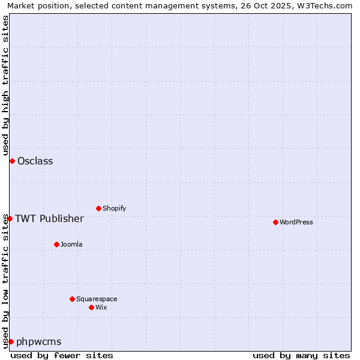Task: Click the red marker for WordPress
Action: click(275, 222)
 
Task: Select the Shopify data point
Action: click(98, 208)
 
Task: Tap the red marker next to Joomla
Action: click(56, 244)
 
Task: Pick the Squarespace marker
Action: click(72, 299)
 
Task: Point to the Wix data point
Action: click(91, 307)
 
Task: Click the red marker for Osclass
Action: click(12, 161)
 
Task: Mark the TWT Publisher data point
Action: click(10, 218)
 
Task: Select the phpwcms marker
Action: click(11, 341)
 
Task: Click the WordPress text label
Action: click(296, 222)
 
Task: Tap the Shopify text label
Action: click(114, 208)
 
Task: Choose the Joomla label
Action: click(71, 244)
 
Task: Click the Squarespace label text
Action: click(97, 299)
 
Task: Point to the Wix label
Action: click(101, 307)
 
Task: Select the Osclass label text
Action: click(35, 161)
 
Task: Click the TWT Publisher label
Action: click(49, 218)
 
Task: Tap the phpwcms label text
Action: click(39, 341)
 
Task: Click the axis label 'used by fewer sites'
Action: click(62, 355)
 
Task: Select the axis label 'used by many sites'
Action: click(301, 355)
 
